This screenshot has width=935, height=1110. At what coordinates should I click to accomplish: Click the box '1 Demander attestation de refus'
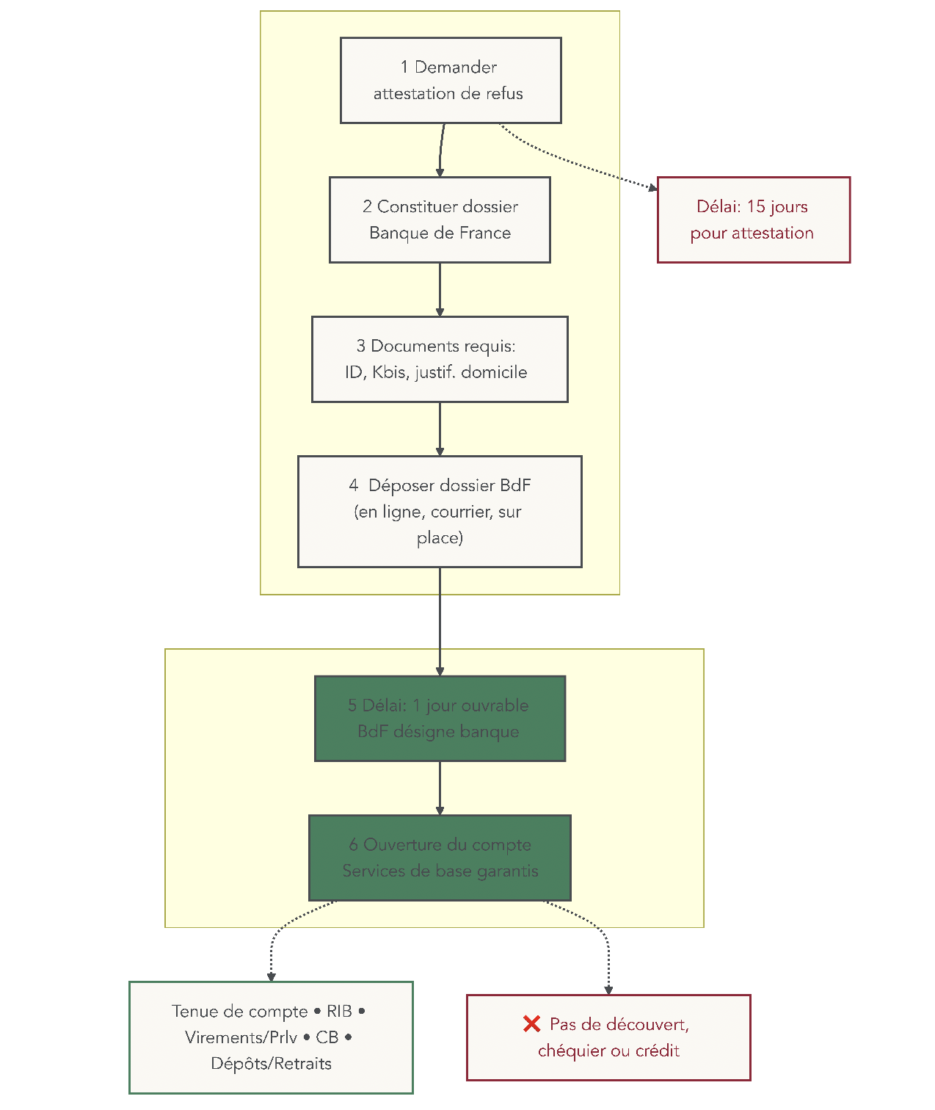(451, 80)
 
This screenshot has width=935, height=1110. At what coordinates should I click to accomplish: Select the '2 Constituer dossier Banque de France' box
(440, 220)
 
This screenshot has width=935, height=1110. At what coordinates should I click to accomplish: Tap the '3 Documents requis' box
(440, 359)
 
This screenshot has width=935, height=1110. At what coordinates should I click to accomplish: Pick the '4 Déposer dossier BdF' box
(440, 512)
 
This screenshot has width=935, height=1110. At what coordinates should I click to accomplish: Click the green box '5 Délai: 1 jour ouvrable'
(440, 718)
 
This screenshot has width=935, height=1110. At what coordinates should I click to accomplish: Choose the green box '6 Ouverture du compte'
(440, 857)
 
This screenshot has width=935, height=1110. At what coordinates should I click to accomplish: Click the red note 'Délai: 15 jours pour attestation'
(753, 220)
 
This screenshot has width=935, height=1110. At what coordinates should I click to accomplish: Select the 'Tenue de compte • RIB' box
(271, 1037)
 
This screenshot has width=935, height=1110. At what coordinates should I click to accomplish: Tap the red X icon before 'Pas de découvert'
(531, 1023)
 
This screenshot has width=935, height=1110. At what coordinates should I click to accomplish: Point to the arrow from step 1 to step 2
(441, 150)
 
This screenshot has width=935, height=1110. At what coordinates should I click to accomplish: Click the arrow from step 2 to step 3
(440, 289)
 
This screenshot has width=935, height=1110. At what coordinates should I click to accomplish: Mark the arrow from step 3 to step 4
(440, 429)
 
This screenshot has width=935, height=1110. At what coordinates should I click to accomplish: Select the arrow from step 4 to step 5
(440, 621)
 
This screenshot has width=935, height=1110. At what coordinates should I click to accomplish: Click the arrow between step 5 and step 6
(440, 788)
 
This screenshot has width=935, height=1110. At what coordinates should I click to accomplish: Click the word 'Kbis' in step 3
(388, 372)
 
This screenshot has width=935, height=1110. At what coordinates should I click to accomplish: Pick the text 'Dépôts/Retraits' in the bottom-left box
(271, 1063)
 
